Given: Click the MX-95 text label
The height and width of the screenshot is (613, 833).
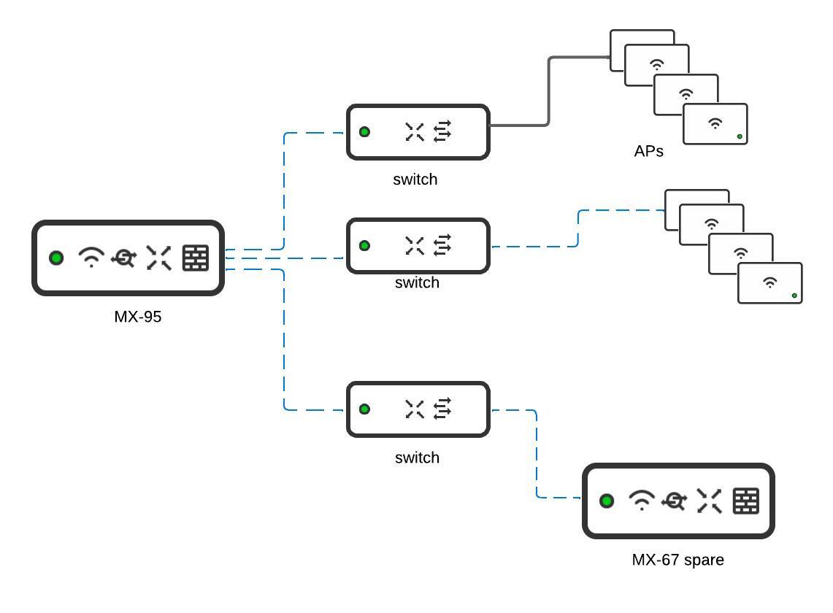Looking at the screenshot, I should point(137,317).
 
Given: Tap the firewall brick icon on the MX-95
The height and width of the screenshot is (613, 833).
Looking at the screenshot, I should point(195,258).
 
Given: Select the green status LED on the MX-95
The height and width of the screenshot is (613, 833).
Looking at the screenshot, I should point(56,258).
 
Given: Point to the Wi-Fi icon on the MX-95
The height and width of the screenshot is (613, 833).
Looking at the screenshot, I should point(91,258).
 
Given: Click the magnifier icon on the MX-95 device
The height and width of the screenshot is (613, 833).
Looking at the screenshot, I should point(123,258).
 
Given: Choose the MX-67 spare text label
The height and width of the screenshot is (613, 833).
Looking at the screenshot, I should point(677,560).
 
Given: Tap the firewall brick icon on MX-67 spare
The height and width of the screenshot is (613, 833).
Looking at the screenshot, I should point(745,501).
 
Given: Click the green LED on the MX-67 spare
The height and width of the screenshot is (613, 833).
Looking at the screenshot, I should point(606,501).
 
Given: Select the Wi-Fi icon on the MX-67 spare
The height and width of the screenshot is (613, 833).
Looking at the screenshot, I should point(642,501).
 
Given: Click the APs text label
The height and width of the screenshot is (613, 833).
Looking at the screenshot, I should point(648,152).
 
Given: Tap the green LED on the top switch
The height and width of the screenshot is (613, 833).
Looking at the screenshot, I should point(364,132).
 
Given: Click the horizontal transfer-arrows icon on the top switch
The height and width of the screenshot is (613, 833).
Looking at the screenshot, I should point(442,131).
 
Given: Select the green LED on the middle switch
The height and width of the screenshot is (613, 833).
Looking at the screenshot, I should point(364,246).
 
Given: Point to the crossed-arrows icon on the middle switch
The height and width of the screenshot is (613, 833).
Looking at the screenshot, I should point(415,246).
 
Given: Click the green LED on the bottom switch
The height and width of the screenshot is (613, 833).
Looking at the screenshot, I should point(364,409).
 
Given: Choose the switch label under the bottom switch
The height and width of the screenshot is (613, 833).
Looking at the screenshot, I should point(417,458).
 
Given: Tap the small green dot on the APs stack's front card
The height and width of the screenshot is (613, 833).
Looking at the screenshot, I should point(740,136).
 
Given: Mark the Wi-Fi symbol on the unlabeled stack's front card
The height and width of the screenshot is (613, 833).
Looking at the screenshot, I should point(769,282).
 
